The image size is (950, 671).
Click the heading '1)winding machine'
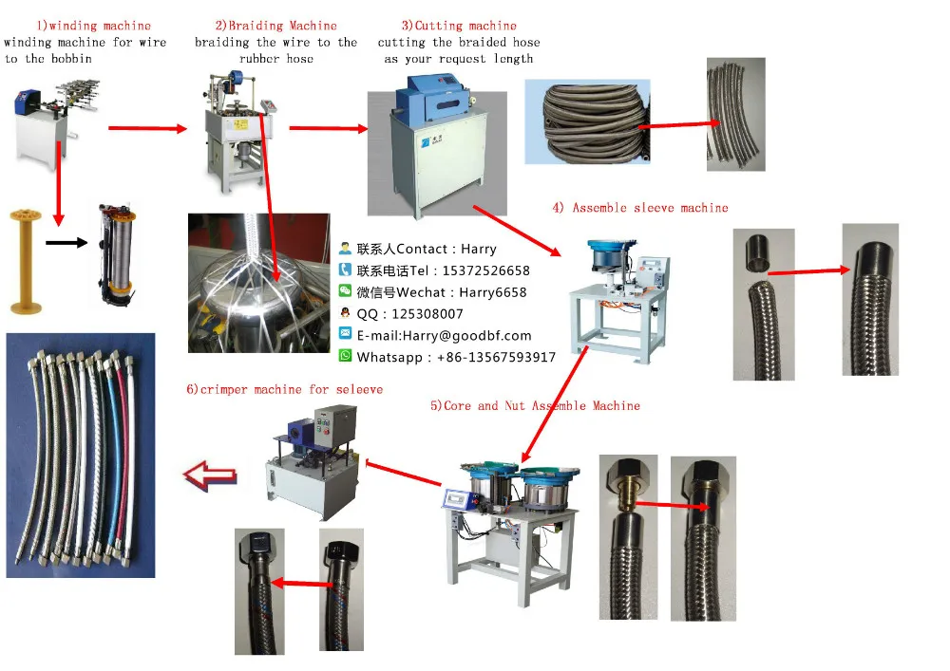coord(93,26)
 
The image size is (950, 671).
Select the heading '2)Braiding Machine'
coord(275,26)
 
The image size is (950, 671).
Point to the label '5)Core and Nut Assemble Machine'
coord(535,405)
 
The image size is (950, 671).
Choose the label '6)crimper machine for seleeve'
coord(285,389)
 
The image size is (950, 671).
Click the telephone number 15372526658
coord(484,270)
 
